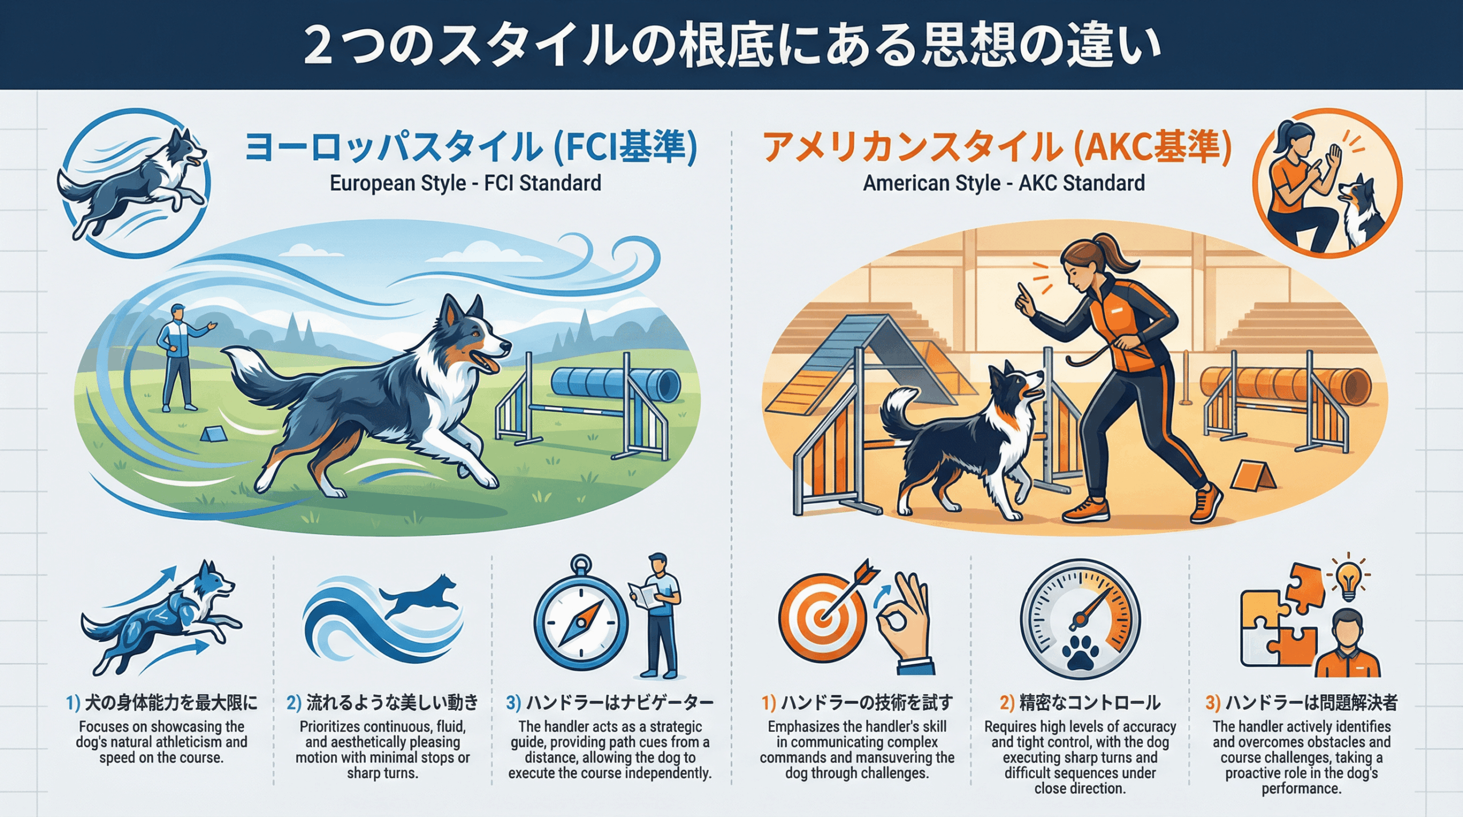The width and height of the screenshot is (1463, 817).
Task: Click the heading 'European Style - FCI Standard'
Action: tap(465, 183)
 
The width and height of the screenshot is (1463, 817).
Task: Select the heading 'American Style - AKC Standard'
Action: tap(1004, 183)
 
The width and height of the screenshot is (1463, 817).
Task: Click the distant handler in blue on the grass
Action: tap(182, 358)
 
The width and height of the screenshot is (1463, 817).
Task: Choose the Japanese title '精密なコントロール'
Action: tap(1090, 702)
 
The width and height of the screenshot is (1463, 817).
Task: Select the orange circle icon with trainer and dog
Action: tap(1326, 183)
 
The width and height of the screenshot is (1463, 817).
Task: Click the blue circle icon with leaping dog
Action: tap(136, 183)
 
